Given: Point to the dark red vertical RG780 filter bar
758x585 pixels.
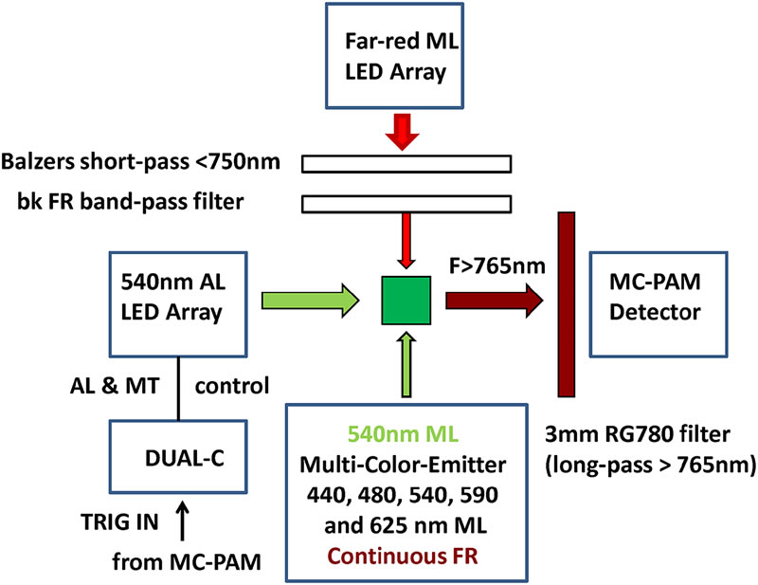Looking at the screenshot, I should [x=567, y=302].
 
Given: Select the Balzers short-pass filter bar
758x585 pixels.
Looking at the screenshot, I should [x=406, y=162].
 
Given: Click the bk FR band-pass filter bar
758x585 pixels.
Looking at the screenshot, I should [x=406, y=203].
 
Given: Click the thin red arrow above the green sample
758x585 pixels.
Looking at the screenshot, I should [x=406, y=243].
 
